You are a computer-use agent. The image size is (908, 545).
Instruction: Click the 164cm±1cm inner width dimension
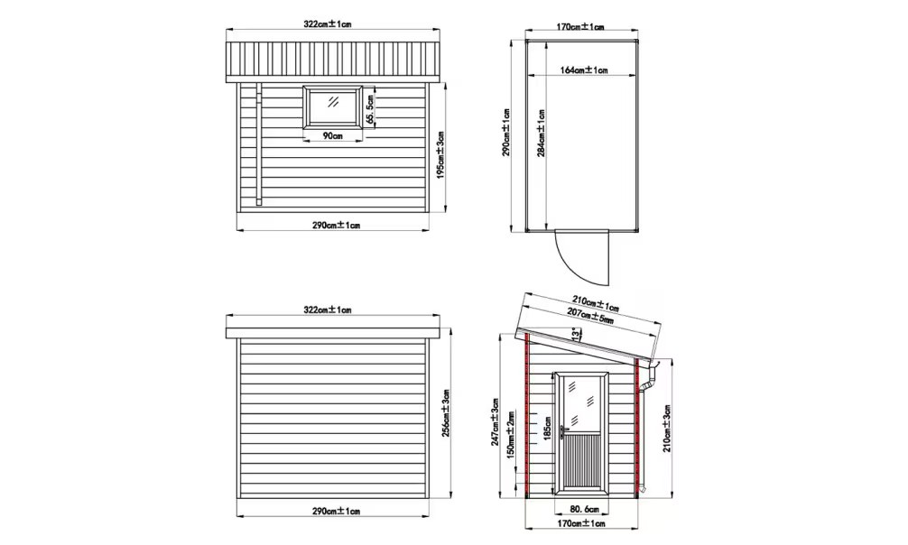pos(584,70)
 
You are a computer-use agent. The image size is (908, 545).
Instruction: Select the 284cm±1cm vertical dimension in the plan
pos(542,134)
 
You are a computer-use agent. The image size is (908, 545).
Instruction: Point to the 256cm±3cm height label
pos(446,413)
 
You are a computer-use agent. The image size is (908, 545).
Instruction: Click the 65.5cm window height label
pos(371,109)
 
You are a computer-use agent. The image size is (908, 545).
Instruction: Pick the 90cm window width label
pos(332,135)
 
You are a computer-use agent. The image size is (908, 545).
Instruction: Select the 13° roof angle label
pos(574,335)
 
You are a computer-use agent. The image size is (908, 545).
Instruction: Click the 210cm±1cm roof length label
pos(596,303)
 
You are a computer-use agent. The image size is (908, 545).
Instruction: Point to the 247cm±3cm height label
pos(495,422)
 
